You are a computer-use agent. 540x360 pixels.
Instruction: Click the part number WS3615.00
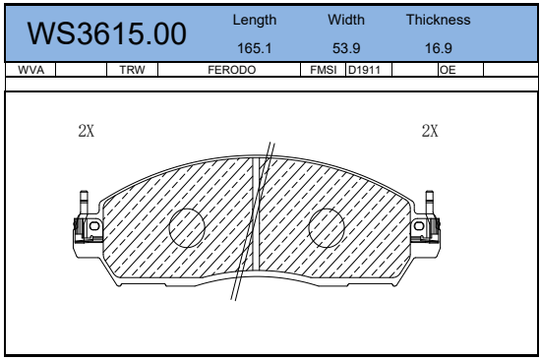point(107,33)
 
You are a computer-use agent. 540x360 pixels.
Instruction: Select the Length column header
point(255,20)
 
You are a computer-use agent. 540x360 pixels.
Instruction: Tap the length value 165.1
point(255,48)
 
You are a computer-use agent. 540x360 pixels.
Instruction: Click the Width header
point(346,20)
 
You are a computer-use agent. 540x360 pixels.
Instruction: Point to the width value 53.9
point(346,48)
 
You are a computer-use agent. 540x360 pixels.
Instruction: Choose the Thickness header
point(438,20)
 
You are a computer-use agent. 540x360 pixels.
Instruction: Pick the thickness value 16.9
point(438,48)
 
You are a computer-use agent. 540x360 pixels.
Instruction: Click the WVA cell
point(31,70)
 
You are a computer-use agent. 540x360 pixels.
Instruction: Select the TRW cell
point(132,70)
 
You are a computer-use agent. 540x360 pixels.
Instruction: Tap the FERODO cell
point(232,70)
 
